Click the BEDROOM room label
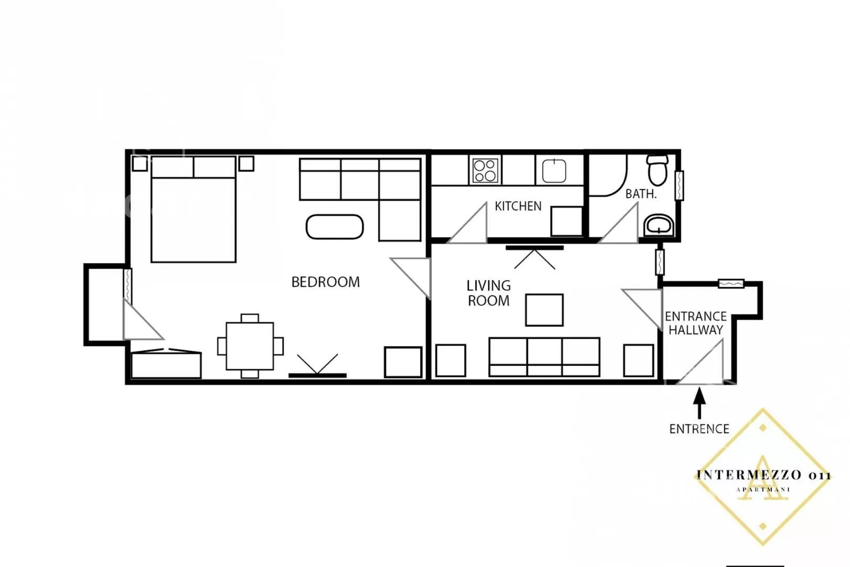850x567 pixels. point(326,282)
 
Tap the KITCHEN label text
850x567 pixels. point(518,206)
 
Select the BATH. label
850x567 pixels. point(641,194)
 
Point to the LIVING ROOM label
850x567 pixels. point(488,293)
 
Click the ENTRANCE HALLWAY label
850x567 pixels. point(696,323)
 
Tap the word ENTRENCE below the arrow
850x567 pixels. point(699,429)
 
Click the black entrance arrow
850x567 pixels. point(699,403)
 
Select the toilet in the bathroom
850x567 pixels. point(657,170)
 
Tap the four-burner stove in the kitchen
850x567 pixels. point(485,171)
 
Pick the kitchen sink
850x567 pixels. point(554,171)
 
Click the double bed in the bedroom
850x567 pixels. point(194,209)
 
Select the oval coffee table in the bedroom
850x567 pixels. point(335,227)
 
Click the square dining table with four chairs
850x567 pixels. point(250,346)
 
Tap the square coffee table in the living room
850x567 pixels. point(544,310)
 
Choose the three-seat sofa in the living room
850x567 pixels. point(544,357)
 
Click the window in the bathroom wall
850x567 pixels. point(679,186)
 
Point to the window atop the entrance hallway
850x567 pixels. point(731,283)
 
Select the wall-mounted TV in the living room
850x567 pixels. point(535,248)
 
